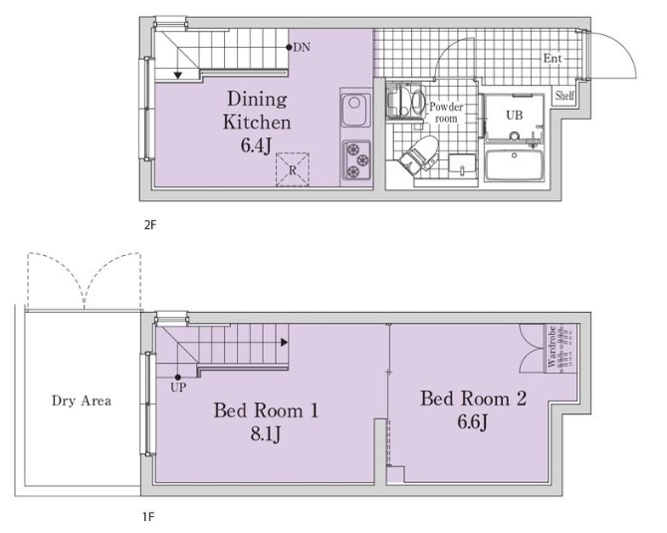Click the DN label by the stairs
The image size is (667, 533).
[302, 47]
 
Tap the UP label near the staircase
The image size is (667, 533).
[178, 387]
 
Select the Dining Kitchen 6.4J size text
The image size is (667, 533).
[256, 145]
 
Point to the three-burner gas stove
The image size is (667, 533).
[356, 160]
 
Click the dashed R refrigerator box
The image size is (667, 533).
[293, 169]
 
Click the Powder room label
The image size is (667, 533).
[446, 113]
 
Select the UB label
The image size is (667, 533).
[515, 115]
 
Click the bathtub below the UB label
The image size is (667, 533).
[515, 165]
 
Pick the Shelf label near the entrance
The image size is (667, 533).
[564, 96]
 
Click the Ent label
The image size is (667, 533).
[553, 59]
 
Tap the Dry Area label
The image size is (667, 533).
[82, 400]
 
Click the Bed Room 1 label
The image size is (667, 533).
[266, 410]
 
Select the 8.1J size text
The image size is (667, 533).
[266, 434]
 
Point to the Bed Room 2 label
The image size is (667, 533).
[474, 399]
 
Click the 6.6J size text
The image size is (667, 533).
[473, 422]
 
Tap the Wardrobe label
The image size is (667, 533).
[552, 347]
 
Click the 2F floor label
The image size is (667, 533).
[150, 224]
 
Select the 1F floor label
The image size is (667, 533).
[148, 517]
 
